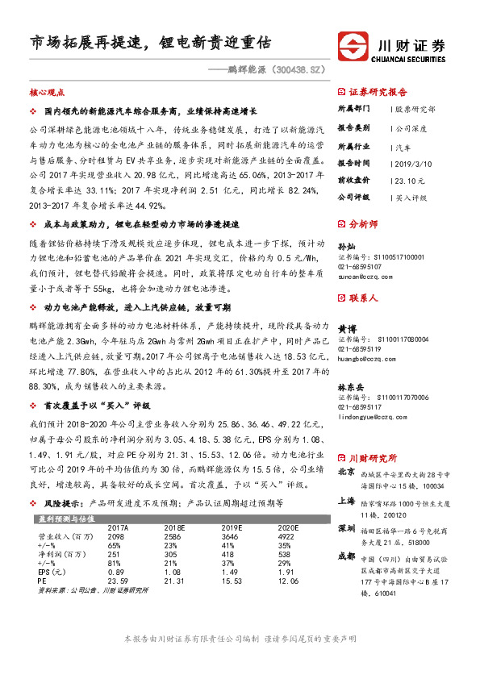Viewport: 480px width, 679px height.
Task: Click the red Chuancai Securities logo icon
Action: [x=357, y=44]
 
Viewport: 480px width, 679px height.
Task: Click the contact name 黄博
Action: [x=346, y=329]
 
